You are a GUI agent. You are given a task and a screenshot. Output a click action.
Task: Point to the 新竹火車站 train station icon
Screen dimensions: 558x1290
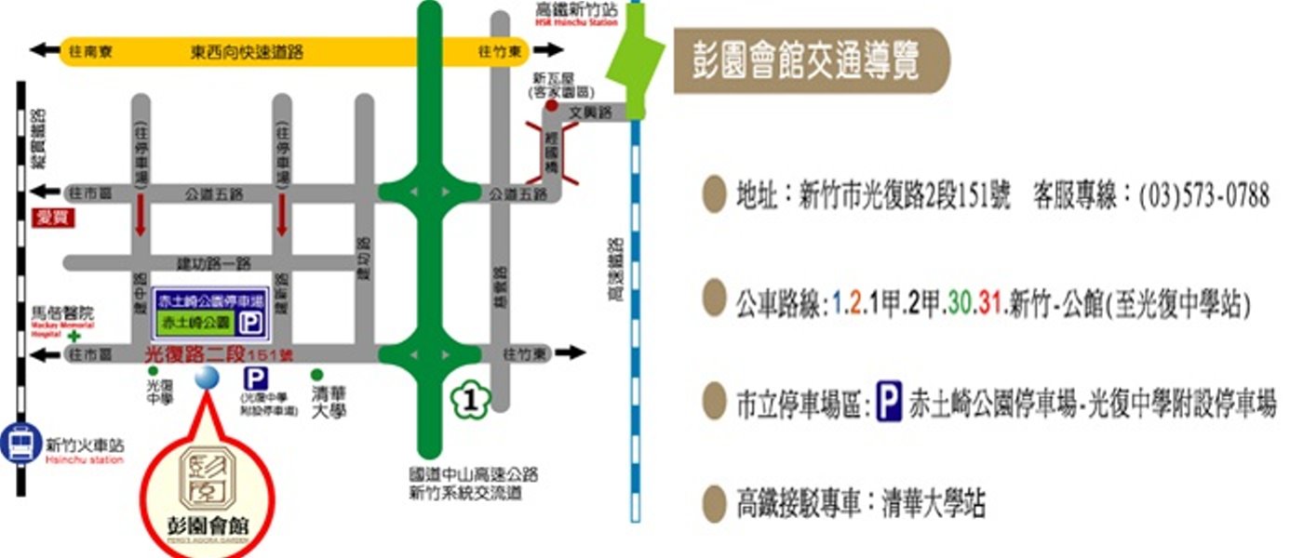19,443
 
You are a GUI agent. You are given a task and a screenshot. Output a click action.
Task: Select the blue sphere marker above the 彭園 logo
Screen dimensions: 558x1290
206,378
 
